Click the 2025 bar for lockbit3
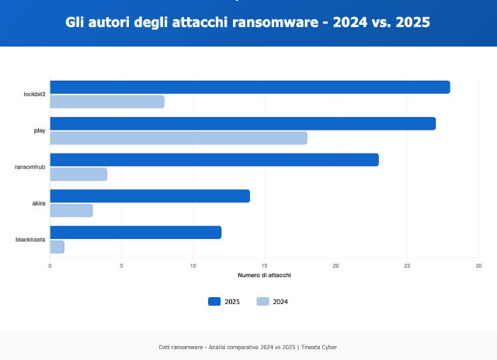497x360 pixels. coord(250,87)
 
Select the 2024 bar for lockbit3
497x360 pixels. coord(107,102)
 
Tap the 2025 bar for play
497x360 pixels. coord(243,123)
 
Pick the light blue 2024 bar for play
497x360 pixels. coord(179,138)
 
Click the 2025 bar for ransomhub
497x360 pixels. coord(214,160)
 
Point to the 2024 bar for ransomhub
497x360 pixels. coord(78,175)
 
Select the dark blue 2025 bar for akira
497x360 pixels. coord(150,196)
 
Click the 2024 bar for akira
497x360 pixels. coord(71,210)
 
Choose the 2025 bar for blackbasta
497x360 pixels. coord(136,233)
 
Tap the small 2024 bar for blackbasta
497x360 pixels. coord(57,247)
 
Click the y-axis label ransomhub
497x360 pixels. coord(30,167)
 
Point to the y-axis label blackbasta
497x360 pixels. coord(30,240)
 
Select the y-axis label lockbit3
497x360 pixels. coord(34,94)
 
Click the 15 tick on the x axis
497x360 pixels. coord(264,266)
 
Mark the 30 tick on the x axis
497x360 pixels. coord(478,266)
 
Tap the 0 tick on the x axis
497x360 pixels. coord(50,266)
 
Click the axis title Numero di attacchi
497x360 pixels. coord(264,275)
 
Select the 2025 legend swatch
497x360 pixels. coord(214,302)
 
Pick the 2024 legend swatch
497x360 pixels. coord(262,302)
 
